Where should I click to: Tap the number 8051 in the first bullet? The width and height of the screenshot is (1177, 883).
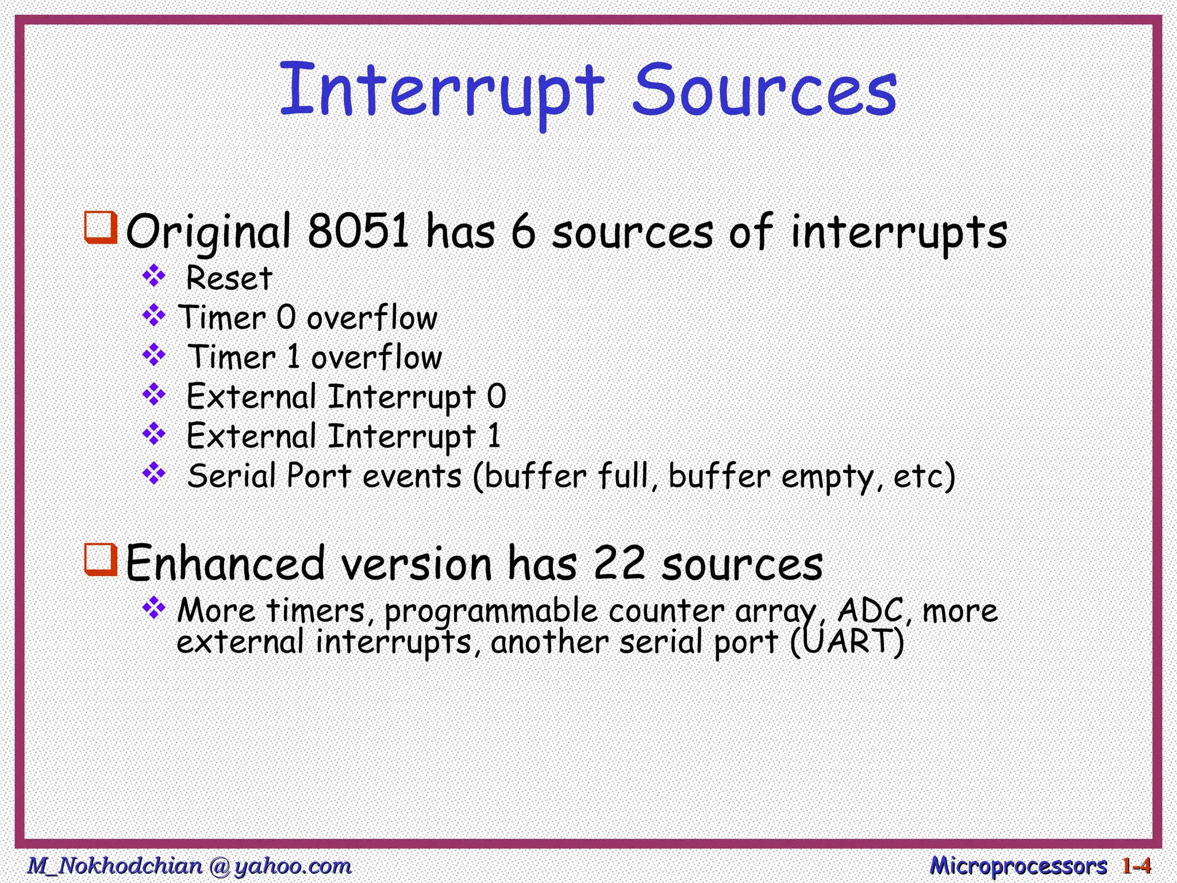click(x=358, y=231)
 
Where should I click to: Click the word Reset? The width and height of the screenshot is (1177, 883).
click(x=229, y=279)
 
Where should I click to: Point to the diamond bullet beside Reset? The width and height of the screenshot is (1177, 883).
click(x=154, y=277)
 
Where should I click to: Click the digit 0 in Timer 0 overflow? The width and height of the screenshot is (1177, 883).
click(x=286, y=317)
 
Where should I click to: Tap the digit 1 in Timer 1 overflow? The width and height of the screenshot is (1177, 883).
click(x=293, y=357)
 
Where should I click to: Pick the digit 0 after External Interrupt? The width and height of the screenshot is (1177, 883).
click(x=497, y=397)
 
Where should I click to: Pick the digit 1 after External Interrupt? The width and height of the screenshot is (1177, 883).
click(x=494, y=436)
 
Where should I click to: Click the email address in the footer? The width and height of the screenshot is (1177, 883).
click(x=190, y=866)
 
